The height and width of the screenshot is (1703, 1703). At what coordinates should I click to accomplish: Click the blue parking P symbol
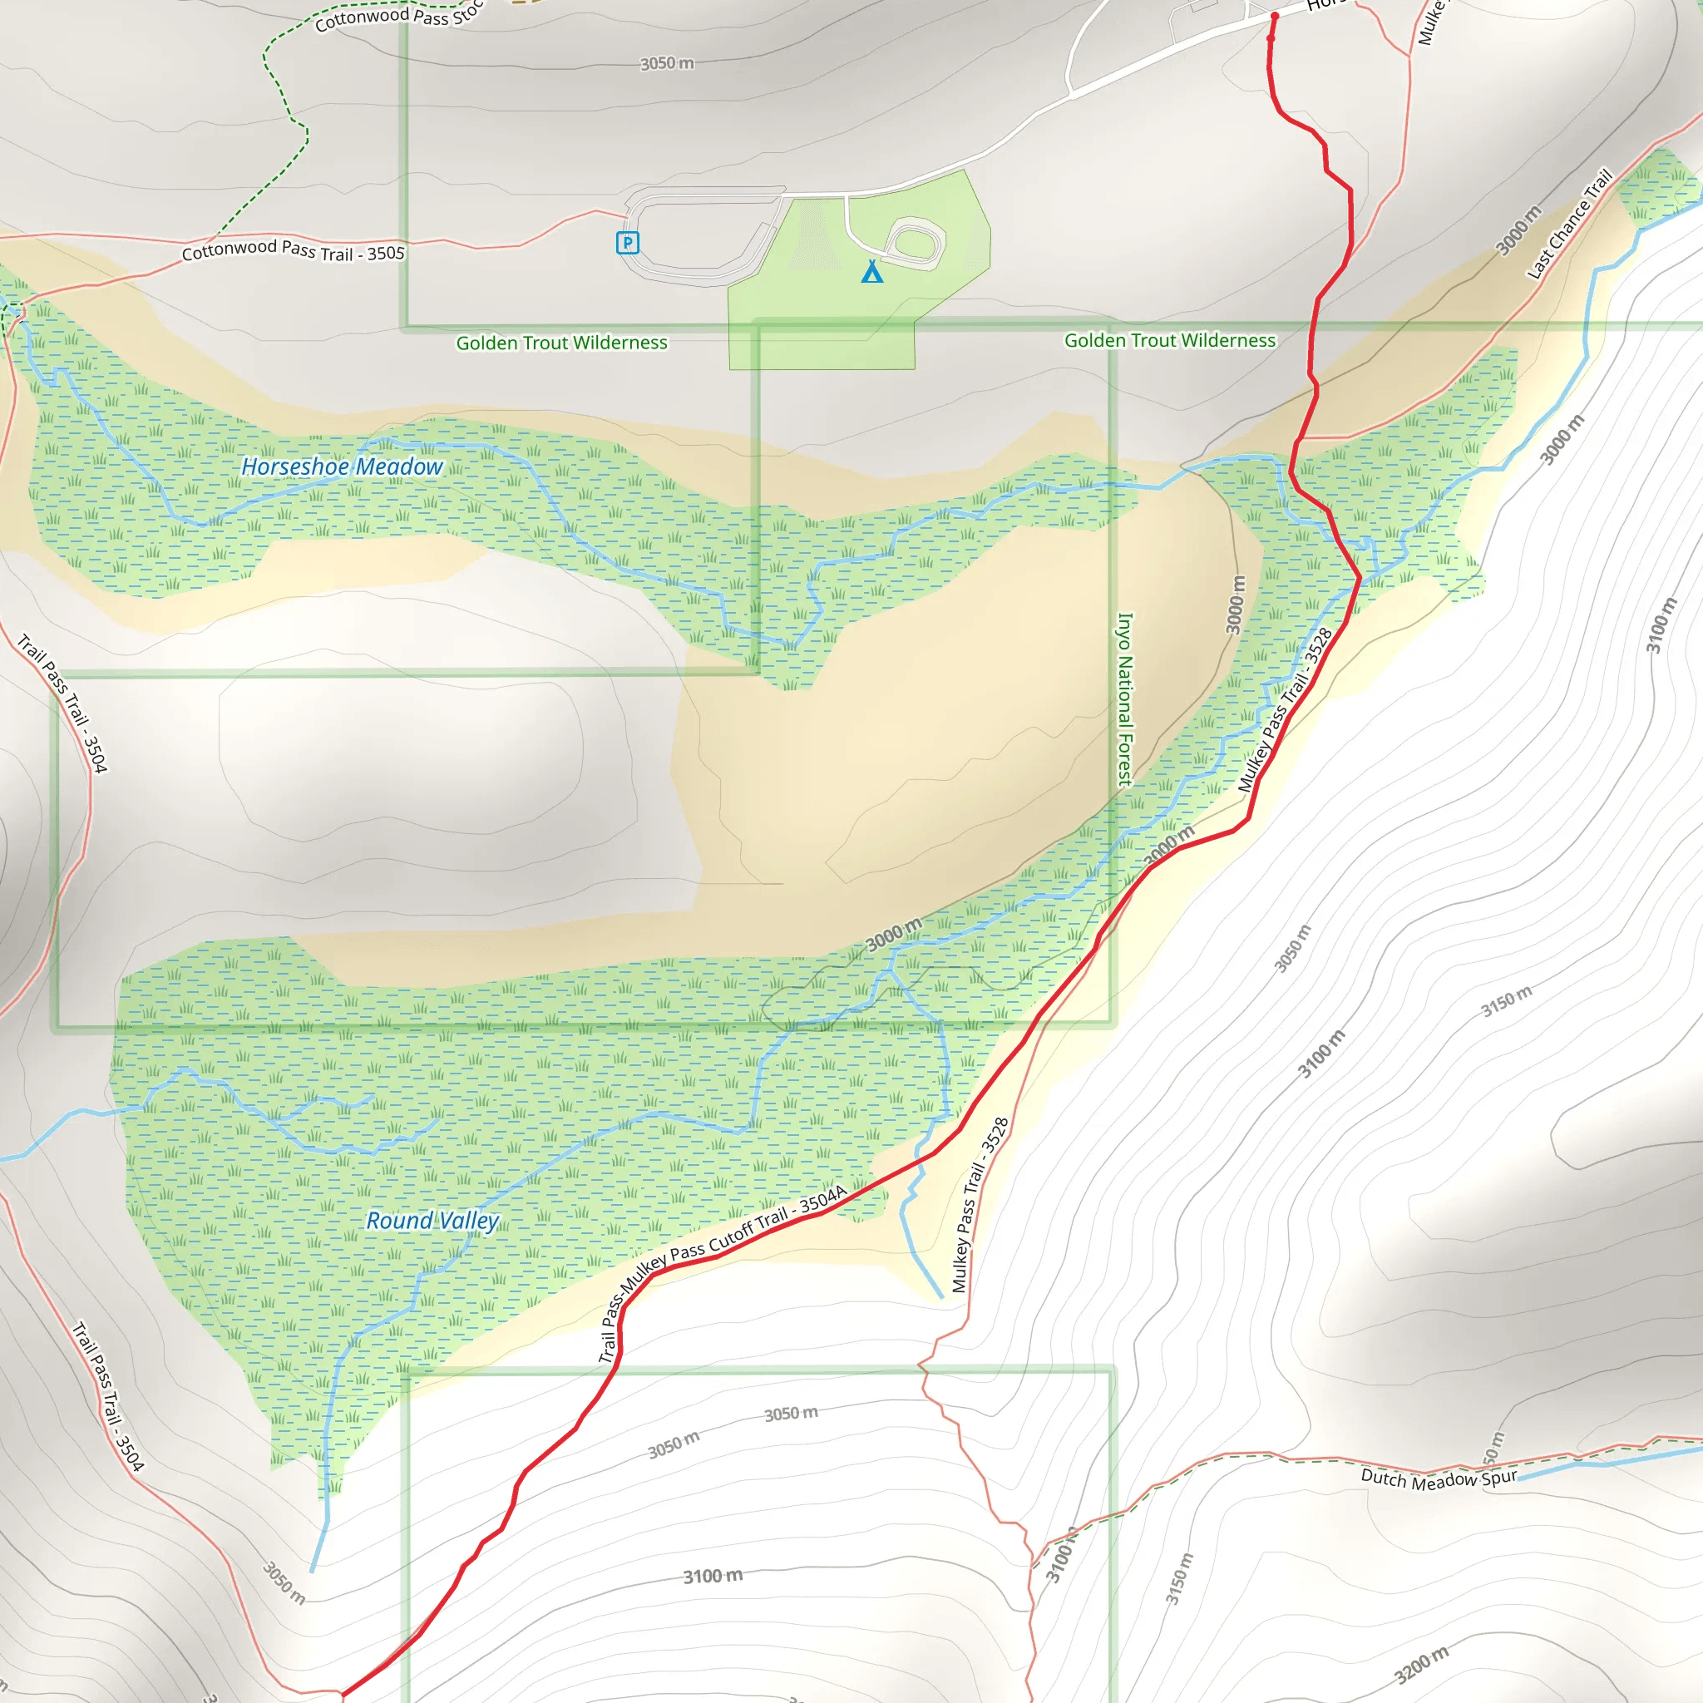pos(627,243)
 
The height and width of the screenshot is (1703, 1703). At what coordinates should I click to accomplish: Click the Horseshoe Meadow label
pos(342,466)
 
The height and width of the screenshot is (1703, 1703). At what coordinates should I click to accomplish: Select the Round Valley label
pos(432,1221)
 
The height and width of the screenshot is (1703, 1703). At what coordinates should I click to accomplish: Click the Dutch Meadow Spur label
pos(1439,1478)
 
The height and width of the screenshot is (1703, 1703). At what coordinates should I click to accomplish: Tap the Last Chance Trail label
pos(1570,223)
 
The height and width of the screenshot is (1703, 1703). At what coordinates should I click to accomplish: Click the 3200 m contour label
pos(1421,1663)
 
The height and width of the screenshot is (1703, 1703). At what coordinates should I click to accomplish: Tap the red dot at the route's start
pos(1275,16)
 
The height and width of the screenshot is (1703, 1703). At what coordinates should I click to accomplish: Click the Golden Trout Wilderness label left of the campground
pos(561,343)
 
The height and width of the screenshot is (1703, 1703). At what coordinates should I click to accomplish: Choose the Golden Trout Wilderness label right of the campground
pos(1170,340)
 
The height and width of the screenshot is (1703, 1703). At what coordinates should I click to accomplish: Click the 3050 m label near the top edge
pos(666,63)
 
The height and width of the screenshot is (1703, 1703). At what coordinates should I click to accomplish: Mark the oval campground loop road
pos(916,243)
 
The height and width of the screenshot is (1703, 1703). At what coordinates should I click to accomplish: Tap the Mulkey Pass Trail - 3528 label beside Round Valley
pos(980,1205)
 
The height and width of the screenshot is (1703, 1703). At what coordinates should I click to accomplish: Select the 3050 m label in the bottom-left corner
pos(284,1583)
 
